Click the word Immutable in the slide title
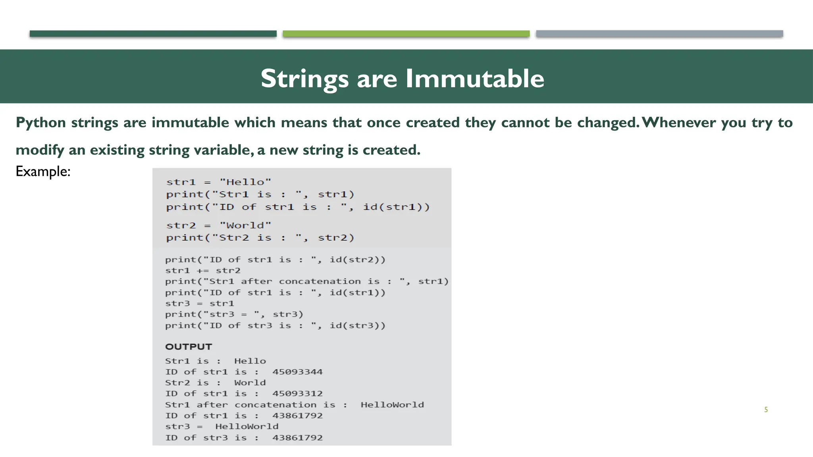(x=474, y=78)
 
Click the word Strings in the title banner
(x=304, y=78)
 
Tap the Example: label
(x=43, y=171)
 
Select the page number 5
(x=766, y=410)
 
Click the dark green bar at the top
(x=153, y=34)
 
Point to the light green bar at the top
(x=406, y=34)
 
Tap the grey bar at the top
(x=659, y=34)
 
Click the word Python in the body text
(x=40, y=123)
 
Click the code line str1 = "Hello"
(x=219, y=182)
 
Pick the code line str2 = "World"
(x=219, y=225)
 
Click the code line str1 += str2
(x=203, y=271)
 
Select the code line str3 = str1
(x=200, y=303)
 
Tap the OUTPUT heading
(x=189, y=347)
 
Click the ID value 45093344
(x=297, y=372)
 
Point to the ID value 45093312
(x=297, y=394)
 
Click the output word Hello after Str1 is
(x=250, y=361)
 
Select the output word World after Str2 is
(x=250, y=383)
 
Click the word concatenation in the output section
(x=275, y=405)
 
